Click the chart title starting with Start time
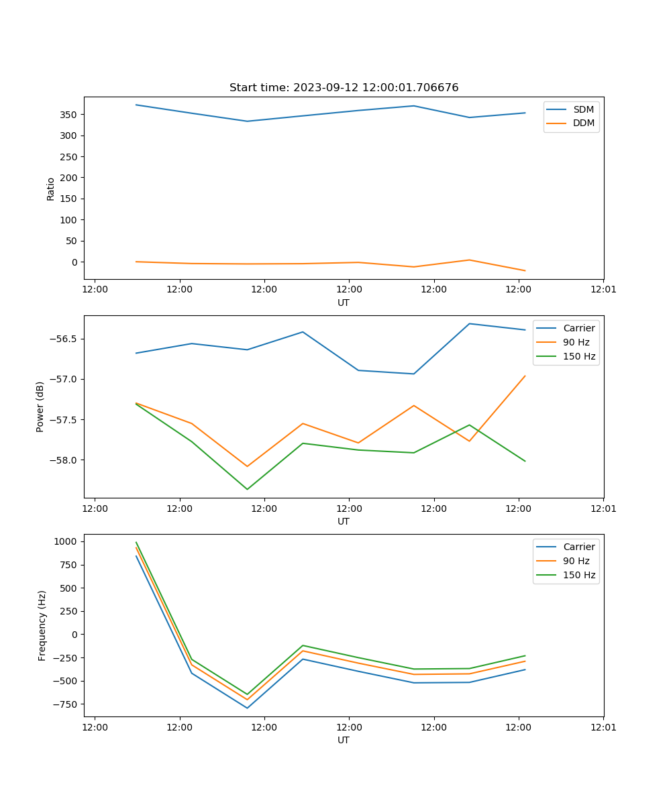click(344, 88)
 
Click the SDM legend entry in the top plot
click(583, 109)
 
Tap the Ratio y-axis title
click(51, 189)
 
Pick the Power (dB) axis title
click(40, 407)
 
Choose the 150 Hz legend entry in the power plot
click(579, 356)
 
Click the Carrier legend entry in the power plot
click(578, 328)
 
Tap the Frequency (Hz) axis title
click(42, 625)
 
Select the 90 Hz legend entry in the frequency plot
click(576, 561)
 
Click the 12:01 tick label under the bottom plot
click(603, 727)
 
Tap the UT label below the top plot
click(344, 303)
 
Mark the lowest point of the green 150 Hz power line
click(247, 489)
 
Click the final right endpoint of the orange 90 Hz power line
click(525, 376)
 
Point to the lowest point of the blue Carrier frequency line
click(247, 708)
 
